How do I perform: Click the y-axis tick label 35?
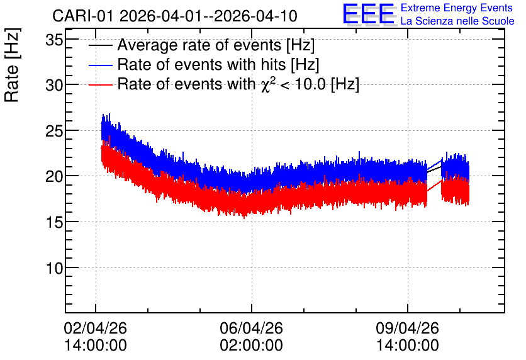coord(54,40)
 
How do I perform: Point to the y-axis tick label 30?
coord(54,86)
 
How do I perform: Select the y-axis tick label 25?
coord(54,131)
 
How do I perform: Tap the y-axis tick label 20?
coord(54,176)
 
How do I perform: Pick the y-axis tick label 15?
coord(54,222)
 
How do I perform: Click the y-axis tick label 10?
coord(54,268)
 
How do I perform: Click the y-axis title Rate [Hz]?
coord(12,65)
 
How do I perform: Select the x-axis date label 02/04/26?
coord(95,328)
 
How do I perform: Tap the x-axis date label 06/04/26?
coord(251,328)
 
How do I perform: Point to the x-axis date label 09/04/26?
coord(407,328)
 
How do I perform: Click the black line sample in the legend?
coord(100,45)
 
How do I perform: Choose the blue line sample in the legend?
coord(100,65)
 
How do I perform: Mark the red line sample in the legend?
coord(100,84)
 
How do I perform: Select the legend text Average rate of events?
coord(199,45)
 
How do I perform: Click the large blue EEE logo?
coord(369,14)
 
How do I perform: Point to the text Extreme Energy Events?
coord(457,8)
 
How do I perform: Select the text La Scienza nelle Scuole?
coord(457,21)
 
